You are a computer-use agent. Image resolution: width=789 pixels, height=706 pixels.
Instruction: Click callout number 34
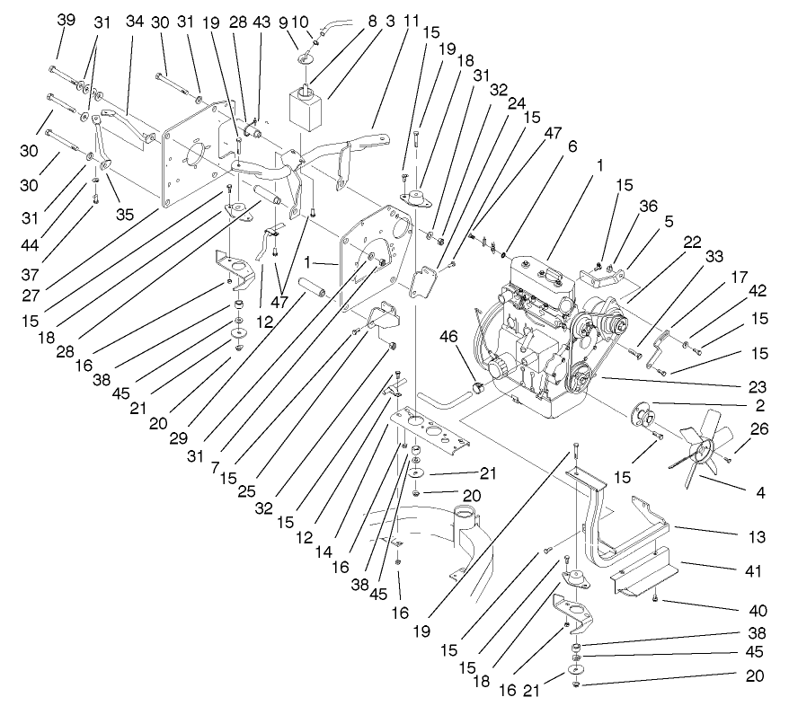tap(135, 21)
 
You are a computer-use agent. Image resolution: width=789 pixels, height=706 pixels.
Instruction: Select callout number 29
tap(179, 437)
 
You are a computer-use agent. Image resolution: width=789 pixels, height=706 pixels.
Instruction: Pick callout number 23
tap(757, 387)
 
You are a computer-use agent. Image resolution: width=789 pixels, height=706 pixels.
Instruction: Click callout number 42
tap(758, 290)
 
